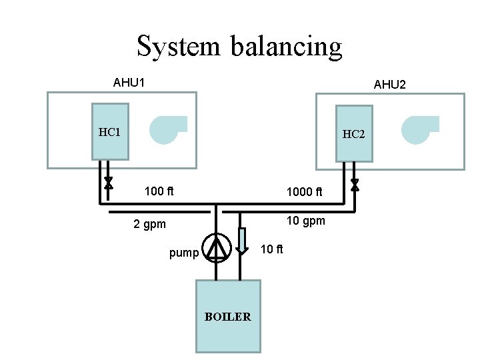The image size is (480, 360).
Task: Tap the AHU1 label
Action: [x=129, y=83]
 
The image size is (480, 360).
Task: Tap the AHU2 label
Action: [x=390, y=85]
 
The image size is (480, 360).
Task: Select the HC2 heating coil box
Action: [x=353, y=133]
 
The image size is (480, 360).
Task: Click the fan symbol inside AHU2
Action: [x=418, y=129]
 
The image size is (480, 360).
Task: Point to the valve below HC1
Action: [x=109, y=183]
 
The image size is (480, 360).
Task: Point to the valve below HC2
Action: [x=355, y=183]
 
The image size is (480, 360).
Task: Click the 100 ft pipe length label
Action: [x=159, y=192]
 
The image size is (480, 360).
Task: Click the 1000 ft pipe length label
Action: [x=304, y=192]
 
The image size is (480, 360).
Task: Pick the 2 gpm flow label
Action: [x=149, y=224]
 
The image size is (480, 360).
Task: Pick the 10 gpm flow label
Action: [x=305, y=221]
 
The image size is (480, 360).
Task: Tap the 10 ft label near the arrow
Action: [x=271, y=249]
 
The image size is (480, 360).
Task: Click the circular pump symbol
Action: [x=215, y=248]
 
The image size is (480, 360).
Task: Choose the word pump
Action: [x=184, y=253]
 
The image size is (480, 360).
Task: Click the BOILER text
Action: [x=227, y=317]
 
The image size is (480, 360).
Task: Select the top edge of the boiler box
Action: [x=227, y=280]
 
